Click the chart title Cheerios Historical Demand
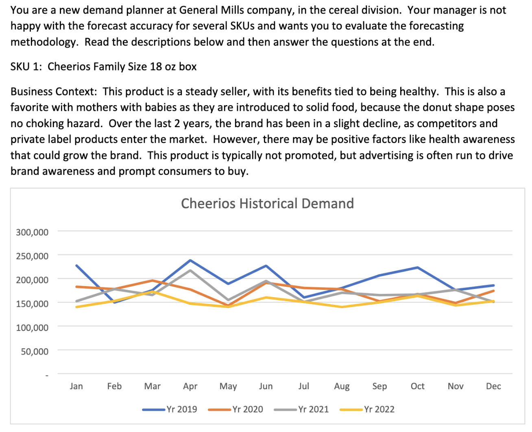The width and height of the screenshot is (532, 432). [x=267, y=203]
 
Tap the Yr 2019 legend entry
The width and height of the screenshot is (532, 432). [x=170, y=409]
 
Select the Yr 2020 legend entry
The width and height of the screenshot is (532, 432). [x=235, y=409]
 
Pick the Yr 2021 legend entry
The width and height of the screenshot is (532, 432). [x=301, y=409]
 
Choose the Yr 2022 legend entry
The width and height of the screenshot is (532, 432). [x=367, y=409]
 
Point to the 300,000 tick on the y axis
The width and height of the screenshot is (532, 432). [x=32, y=232]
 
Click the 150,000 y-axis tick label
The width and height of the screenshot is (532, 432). [x=32, y=304]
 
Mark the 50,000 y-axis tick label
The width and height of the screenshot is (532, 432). [x=35, y=351]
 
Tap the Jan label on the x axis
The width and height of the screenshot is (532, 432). [x=76, y=386]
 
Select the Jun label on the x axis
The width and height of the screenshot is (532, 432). [x=266, y=386]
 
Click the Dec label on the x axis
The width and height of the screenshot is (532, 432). [x=493, y=386]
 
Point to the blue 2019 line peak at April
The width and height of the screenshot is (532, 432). [x=190, y=260]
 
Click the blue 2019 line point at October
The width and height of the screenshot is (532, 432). [x=418, y=267]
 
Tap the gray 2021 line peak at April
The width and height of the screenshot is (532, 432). [x=190, y=271]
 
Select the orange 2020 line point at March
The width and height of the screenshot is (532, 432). [x=152, y=280]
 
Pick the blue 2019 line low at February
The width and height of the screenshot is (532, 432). [x=114, y=302]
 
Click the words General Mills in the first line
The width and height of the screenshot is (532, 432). [x=211, y=10]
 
